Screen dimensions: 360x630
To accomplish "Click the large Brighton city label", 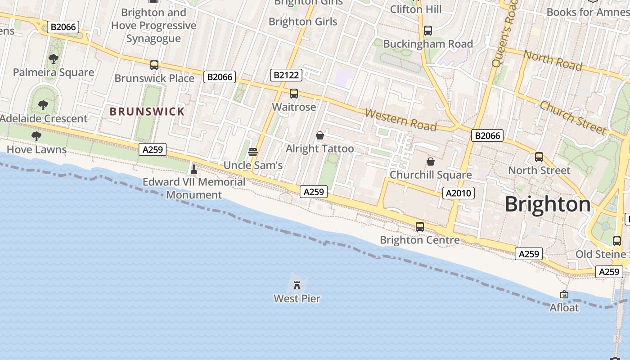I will point(547,204).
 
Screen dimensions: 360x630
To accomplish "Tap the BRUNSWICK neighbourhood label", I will point(147,112).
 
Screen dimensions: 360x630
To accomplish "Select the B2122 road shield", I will point(286,75).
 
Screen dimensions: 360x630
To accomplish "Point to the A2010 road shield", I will point(459,193).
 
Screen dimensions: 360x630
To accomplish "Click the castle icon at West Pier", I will point(297,285).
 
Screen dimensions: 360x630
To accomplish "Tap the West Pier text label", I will point(297,298).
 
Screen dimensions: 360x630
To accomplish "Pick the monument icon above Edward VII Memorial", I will point(194,169).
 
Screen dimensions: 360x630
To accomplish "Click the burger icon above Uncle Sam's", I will point(253,152).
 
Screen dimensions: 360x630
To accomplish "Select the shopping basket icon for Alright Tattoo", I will point(320,135).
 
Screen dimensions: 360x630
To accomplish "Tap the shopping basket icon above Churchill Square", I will point(431,161).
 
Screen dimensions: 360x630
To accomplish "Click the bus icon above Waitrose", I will point(294,94).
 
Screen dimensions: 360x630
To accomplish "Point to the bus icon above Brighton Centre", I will point(420,227).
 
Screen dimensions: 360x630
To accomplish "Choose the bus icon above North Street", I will point(539,157).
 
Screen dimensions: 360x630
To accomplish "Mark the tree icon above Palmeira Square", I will point(54,58).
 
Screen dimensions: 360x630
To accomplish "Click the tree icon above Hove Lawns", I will point(36,136).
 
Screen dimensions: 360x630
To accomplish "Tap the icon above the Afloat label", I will point(564,294).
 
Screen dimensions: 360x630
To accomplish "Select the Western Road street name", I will point(400,119).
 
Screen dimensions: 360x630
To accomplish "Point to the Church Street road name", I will point(572,118).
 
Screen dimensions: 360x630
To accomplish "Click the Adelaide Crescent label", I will point(44,119).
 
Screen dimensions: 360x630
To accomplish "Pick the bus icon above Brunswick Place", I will point(154,65).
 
